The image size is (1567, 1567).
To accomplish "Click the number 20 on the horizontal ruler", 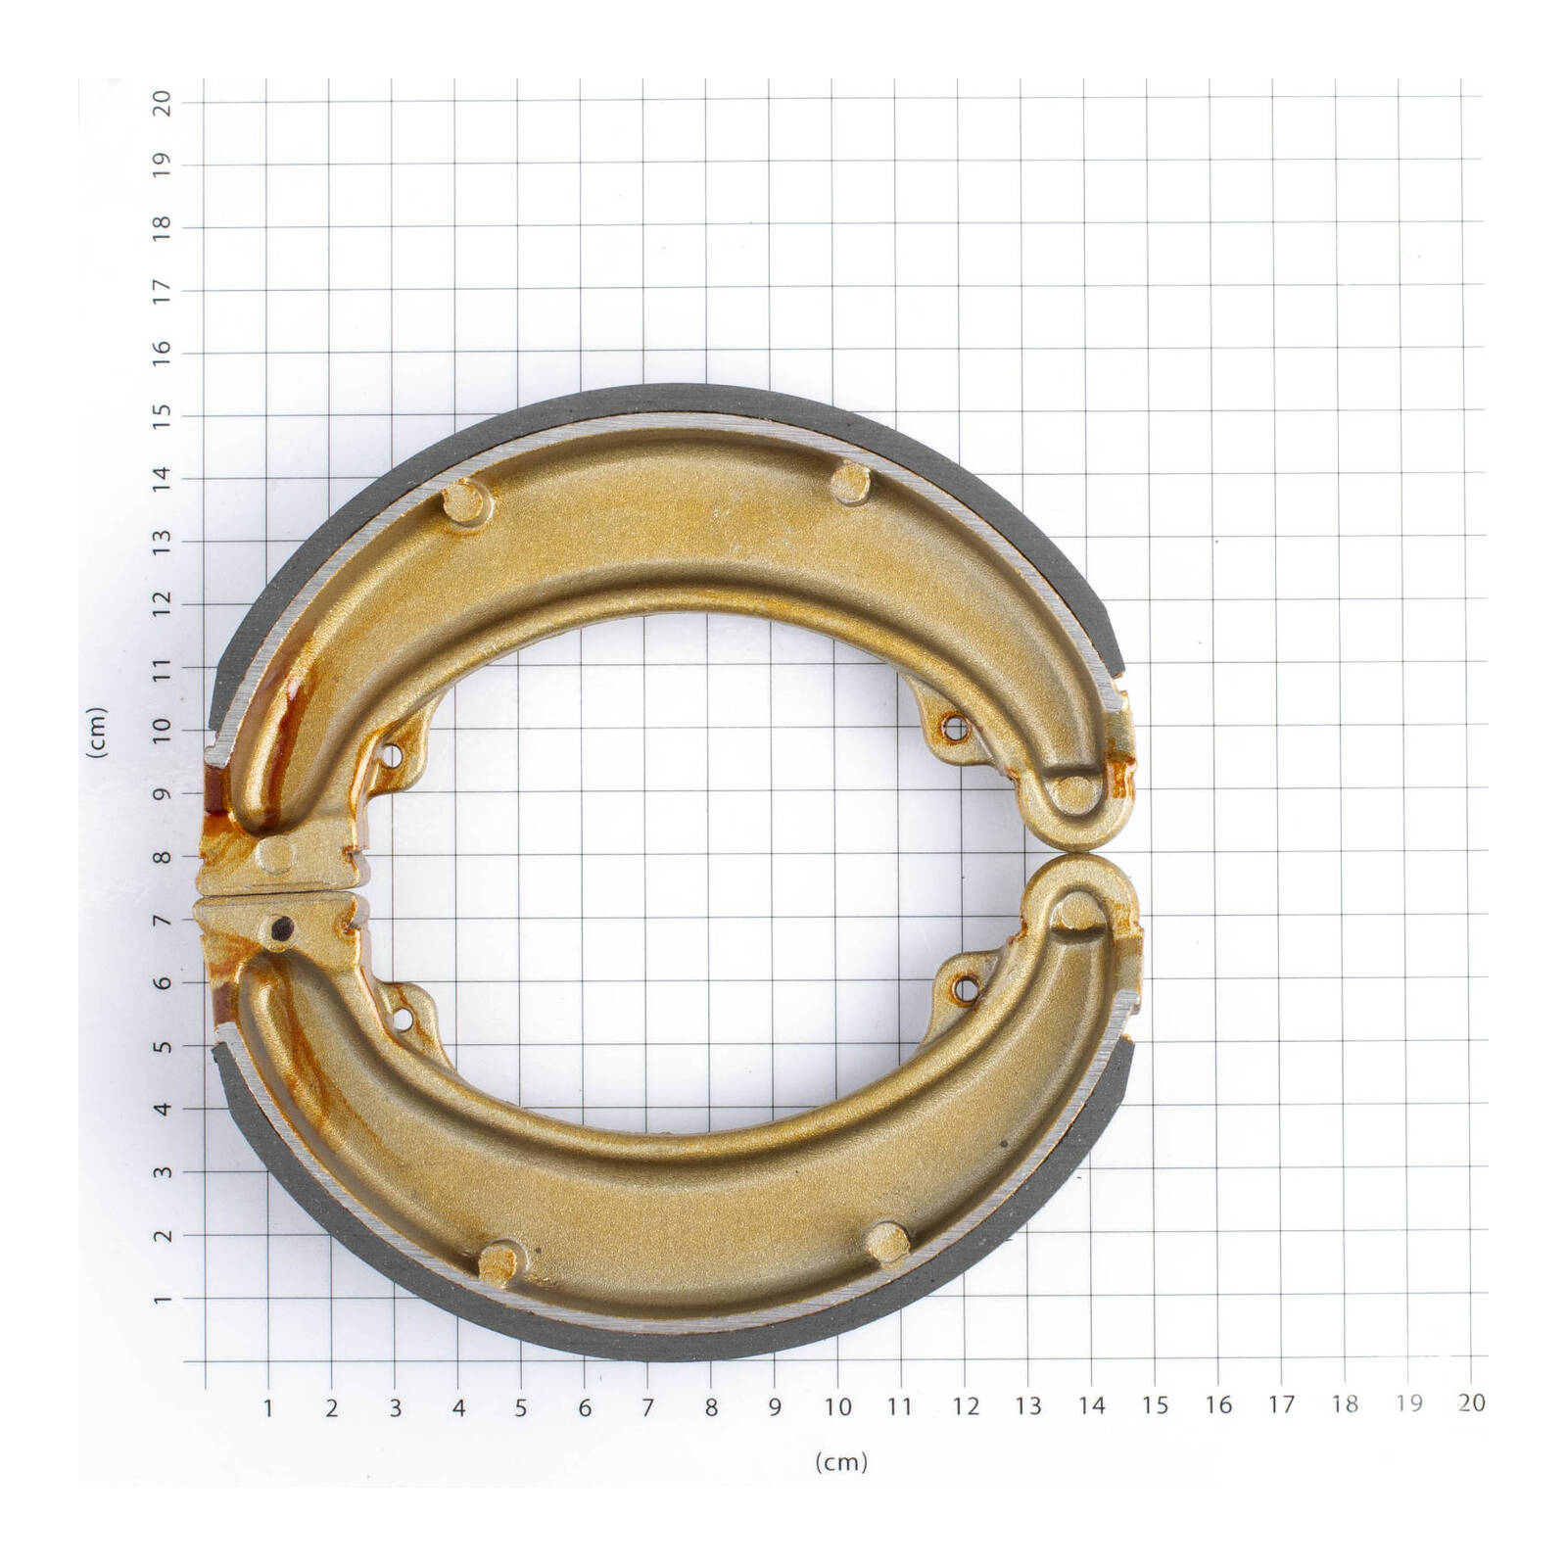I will pyautogui.click(x=1471, y=1402).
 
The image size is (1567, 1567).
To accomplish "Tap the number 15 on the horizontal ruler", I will pyautogui.click(x=1155, y=1405).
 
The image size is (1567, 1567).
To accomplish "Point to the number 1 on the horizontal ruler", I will pyautogui.click(x=268, y=1408).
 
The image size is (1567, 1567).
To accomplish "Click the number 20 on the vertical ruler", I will pyautogui.click(x=163, y=102).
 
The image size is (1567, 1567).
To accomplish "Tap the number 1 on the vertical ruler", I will pyautogui.click(x=163, y=1298).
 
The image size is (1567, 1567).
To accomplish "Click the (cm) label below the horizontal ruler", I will pyautogui.click(x=840, y=1462).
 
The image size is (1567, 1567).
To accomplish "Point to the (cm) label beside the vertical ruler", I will pyautogui.click(x=96, y=732).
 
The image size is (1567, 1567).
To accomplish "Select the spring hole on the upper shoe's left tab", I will pyautogui.click(x=394, y=756).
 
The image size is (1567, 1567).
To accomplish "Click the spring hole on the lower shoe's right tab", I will pyautogui.click(x=967, y=988).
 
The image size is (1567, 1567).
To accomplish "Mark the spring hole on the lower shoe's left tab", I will pyautogui.click(x=401, y=1019).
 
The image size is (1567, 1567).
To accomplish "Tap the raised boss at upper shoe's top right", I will pyautogui.click(x=849, y=482).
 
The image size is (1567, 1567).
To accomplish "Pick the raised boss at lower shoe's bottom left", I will pyautogui.click(x=502, y=1260).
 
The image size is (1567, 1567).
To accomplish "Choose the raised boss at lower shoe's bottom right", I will pyautogui.click(x=886, y=1242).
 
